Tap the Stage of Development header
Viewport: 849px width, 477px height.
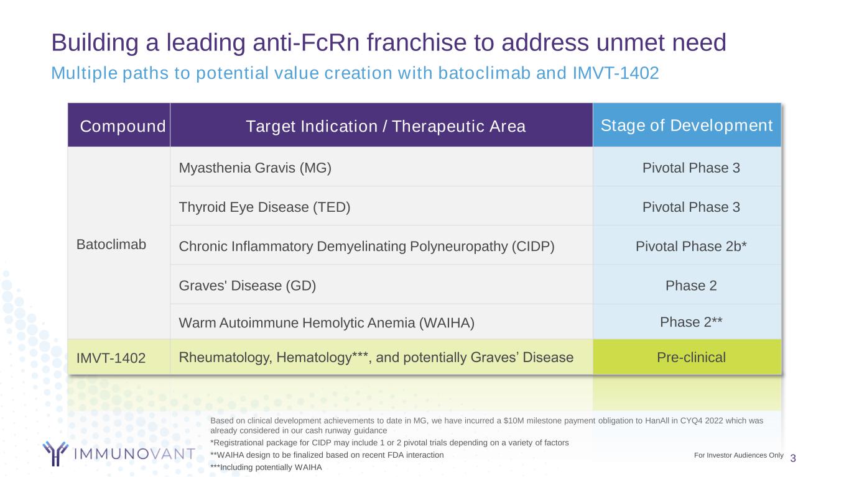click(x=687, y=125)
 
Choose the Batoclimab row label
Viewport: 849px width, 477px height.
click(x=111, y=245)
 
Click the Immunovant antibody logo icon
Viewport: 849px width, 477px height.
click(x=55, y=453)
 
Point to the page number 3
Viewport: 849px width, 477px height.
click(x=793, y=458)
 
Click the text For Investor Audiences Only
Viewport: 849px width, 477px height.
click(x=738, y=455)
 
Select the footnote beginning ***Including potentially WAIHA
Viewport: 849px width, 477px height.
click(x=266, y=467)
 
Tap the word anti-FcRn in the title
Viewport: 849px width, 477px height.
click(x=306, y=42)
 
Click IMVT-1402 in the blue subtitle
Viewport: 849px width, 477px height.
click(x=616, y=73)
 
